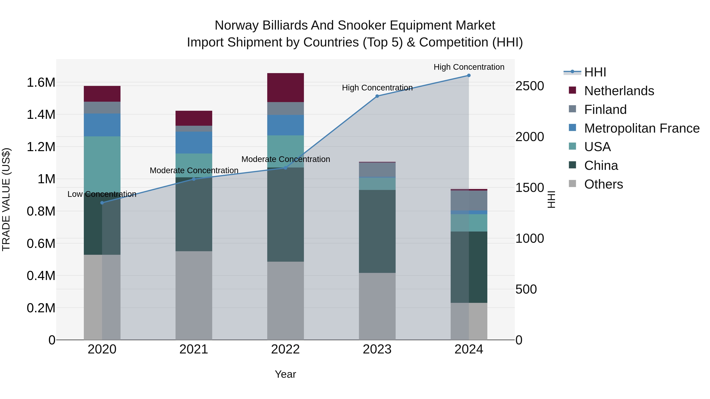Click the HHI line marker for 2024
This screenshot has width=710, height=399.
tap(469, 75)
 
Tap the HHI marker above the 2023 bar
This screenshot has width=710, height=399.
tap(377, 96)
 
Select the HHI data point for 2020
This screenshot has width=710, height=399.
tap(102, 203)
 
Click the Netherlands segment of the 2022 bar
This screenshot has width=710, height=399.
tap(286, 87)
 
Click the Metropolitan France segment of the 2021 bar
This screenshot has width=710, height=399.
tap(194, 142)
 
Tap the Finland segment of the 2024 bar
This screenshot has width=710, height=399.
tap(469, 200)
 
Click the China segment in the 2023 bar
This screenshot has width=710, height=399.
tap(377, 231)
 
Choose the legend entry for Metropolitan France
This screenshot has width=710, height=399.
tap(641, 128)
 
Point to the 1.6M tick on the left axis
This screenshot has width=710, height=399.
tap(41, 83)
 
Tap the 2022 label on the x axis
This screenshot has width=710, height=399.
tap(286, 349)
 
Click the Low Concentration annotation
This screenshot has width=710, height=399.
tap(102, 194)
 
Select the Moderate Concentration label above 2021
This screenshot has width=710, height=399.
tap(194, 170)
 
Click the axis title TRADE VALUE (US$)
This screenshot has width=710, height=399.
tap(6, 199)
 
